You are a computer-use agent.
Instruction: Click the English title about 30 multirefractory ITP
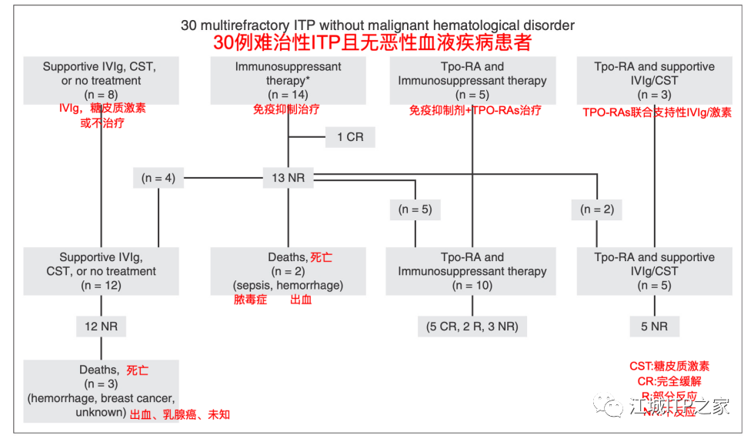[x=377, y=25]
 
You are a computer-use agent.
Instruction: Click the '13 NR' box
[x=289, y=178]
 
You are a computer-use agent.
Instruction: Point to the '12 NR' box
[x=101, y=327]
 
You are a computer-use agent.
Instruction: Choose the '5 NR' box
[x=654, y=327]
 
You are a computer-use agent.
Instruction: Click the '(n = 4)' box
[x=158, y=178]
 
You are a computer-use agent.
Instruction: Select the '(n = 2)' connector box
[x=596, y=209]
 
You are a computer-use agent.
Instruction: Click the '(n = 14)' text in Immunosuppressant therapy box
[x=288, y=95]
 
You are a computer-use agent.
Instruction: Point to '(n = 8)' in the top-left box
[x=101, y=95]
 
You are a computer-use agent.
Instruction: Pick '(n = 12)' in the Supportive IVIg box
[x=101, y=285]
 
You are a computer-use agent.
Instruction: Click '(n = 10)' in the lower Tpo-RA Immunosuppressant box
[x=472, y=285]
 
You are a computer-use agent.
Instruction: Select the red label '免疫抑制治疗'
[x=289, y=110]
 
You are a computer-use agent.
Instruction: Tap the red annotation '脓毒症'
[x=250, y=300]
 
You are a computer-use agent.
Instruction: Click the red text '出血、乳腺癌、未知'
[x=179, y=414]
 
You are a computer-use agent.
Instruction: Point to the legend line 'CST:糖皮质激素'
[x=670, y=366]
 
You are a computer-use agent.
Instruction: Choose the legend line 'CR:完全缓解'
[x=670, y=381]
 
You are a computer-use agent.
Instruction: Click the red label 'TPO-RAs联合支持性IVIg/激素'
[x=657, y=112]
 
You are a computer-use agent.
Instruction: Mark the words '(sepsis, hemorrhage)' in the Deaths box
[x=289, y=285]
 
